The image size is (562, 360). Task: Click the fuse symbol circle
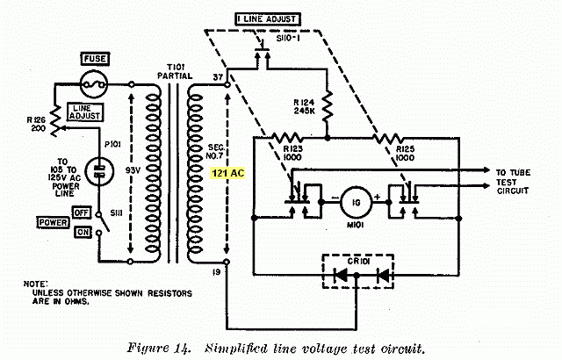click(94, 84)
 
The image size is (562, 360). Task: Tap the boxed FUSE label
click(95, 59)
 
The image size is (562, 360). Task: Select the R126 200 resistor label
click(36, 125)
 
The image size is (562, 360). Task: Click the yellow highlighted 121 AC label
click(228, 173)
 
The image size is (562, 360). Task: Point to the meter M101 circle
click(356, 202)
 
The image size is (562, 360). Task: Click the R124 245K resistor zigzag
click(328, 106)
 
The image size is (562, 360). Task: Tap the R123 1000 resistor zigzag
click(287, 138)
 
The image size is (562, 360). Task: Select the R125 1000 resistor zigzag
click(388, 138)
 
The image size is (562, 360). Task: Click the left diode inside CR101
click(340, 275)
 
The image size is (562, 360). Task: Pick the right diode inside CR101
click(383, 276)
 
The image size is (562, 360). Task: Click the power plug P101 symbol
click(99, 171)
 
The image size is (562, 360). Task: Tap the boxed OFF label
click(82, 212)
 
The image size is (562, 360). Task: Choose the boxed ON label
click(83, 232)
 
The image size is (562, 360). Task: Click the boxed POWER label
click(53, 222)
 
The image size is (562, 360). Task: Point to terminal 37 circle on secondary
click(227, 85)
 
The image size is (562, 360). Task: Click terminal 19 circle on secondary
click(227, 262)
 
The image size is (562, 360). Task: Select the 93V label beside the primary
click(133, 171)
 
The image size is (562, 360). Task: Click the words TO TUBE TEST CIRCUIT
click(513, 182)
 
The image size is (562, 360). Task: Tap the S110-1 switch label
click(288, 38)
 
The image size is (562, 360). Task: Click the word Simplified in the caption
click(236, 349)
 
